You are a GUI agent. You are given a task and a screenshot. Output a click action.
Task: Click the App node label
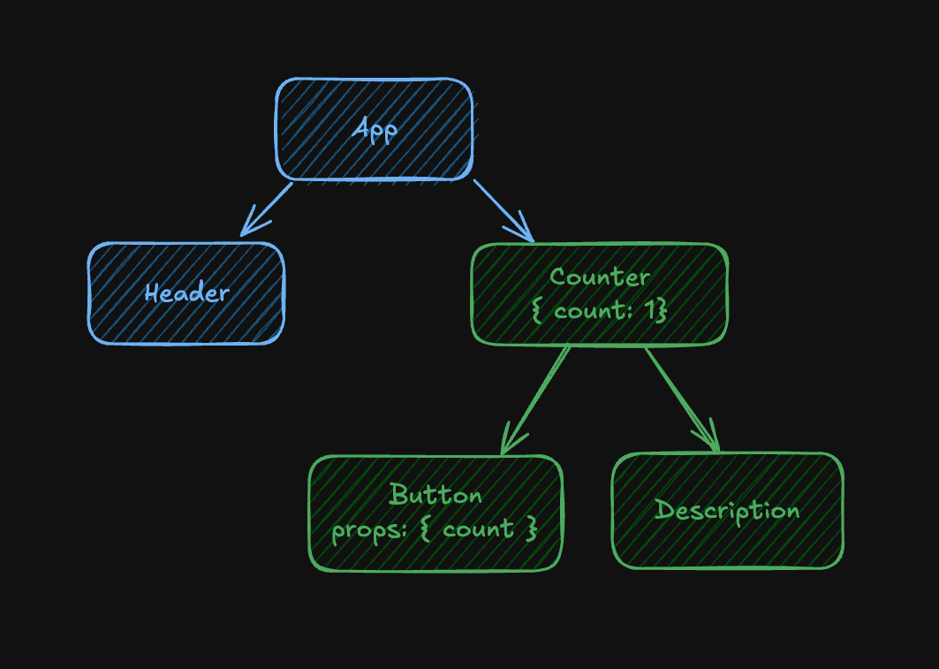click(375, 129)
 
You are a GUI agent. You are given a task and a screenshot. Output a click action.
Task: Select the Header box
click(186, 293)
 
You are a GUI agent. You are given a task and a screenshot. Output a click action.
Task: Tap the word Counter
click(599, 277)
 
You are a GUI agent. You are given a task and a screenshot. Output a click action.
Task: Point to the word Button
click(435, 494)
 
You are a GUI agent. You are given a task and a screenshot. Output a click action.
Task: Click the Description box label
click(727, 510)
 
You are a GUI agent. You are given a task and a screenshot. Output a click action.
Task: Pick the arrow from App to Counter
click(503, 210)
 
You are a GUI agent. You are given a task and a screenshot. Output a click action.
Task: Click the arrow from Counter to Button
click(535, 399)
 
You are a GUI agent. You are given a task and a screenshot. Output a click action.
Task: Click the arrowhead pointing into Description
click(712, 442)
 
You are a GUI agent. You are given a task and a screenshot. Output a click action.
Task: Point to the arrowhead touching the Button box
click(507, 445)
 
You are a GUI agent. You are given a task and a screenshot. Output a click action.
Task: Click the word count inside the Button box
click(478, 530)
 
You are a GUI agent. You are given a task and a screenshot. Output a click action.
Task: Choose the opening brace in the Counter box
click(538, 310)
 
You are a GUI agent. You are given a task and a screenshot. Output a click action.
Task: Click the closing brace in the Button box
click(531, 530)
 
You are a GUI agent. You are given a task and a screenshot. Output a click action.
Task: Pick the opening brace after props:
click(423, 530)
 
